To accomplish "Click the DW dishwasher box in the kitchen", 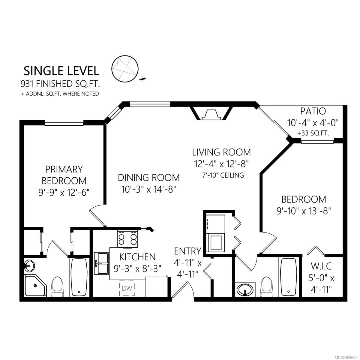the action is pyautogui.click(x=127, y=288).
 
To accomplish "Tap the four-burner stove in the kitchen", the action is pyautogui.click(x=127, y=239).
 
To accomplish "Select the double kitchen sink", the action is pyautogui.click(x=101, y=263).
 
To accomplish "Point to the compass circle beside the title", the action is pyautogui.click(x=125, y=69).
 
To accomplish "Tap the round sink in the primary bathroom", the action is pyautogui.click(x=29, y=265).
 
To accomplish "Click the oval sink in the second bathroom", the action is pyautogui.click(x=245, y=290).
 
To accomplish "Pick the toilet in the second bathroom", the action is pyautogui.click(x=267, y=287).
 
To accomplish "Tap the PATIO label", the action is pyautogui.click(x=313, y=111).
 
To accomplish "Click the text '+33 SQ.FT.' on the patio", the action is pyautogui.click(x=313, y=133).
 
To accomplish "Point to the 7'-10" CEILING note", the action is pyautogui.click(x=223, y=175).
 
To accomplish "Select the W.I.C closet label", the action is pyautogui.click(x=321, y=266).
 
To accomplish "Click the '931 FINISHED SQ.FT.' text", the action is pyautogui.click(x=60, y=84).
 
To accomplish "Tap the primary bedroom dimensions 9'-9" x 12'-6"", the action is pyautogui.click(x=64, y=192).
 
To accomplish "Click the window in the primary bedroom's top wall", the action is pyautogui.click(x=64, y=123).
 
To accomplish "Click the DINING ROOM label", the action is pyautogui.click(x=149, y=178).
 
